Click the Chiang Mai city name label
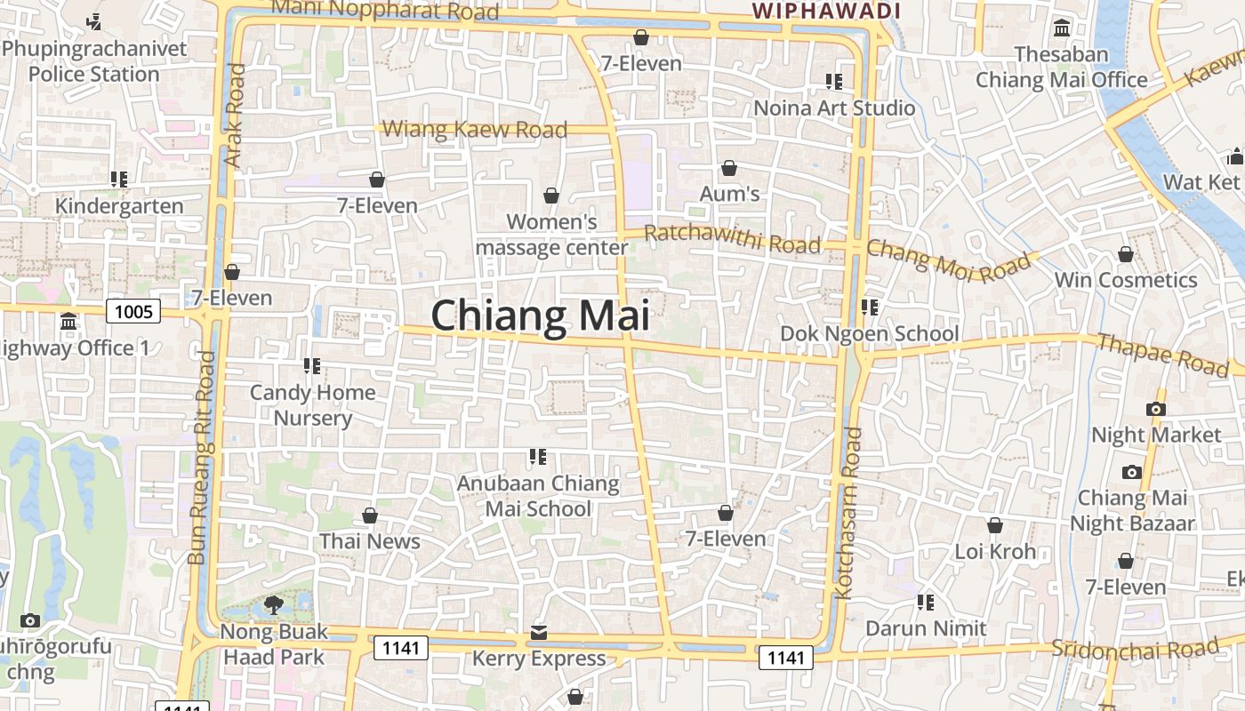coord(540,316)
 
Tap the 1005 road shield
coord(133,311)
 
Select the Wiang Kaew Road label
coord(474,130)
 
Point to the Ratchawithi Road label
coord(731,238)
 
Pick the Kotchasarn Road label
coord(849,513)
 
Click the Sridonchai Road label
coord(1135,648)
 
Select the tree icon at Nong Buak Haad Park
coord(273,606)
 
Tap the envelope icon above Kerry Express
coord(539,633)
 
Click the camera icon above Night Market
coord(1156,409)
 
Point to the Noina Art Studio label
coord(834,108)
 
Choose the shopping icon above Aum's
coord(729,168)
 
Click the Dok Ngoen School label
coord(869,333)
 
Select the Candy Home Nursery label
coord(312,404)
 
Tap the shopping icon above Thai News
coord(370,515)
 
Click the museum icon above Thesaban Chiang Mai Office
coord(1061,28)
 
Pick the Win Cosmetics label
coord(1125,280)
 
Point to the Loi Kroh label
coord(995,551)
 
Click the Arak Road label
coord(234,116)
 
